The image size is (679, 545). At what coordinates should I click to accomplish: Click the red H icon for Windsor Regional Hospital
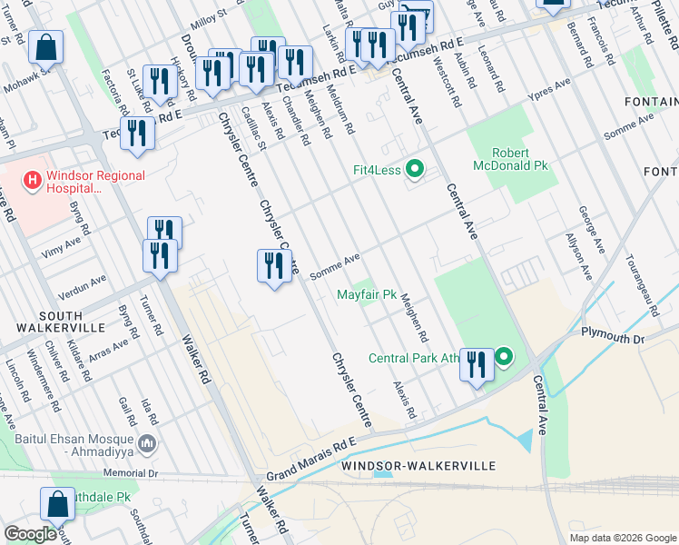coord(33,180)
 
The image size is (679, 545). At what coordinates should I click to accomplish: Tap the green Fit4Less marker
coord(415,169)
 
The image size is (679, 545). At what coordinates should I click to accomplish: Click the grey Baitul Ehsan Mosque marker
coord(149,443)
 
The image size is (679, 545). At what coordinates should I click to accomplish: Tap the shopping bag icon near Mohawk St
coord(44,49)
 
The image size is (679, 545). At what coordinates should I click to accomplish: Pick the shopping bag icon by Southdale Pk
coord(57,504)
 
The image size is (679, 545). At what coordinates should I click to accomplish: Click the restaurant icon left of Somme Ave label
coord(274,266)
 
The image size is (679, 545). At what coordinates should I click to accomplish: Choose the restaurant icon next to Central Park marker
coord(477,365)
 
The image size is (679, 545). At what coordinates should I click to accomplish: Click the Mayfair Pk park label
coord(367,295)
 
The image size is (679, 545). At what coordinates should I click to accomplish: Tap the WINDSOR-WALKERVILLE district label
coord(418,465)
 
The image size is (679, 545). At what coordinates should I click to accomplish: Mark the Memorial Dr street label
coord(131,473)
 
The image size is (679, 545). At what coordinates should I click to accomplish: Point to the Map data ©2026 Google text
coord(621,537)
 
